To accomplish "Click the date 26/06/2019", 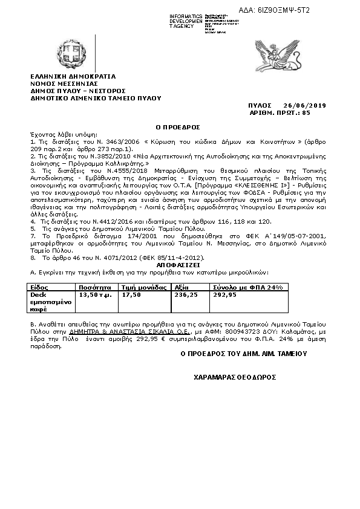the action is click(305, 106).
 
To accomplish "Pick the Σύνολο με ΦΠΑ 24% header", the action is click(247, 287).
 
